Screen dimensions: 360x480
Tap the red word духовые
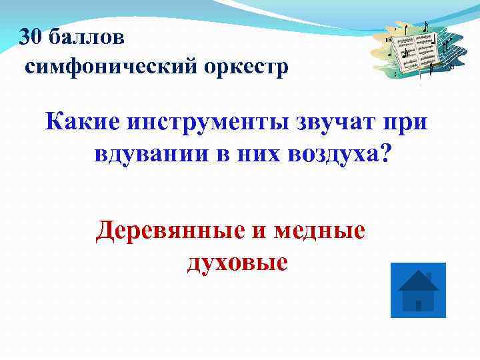pyautogui.click(x=237, y=262)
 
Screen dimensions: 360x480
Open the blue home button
pyautogui.click(x=417, y=289)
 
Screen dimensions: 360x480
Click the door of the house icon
pyautogui.click(x=418, y=305)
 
